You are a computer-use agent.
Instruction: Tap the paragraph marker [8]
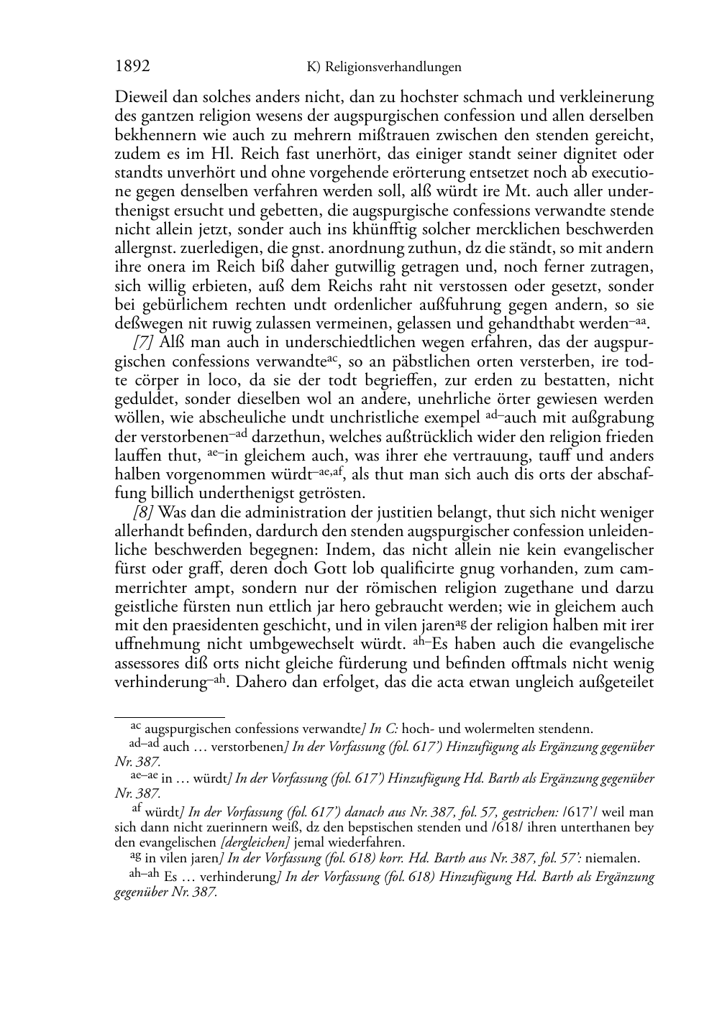(x=144, y=512)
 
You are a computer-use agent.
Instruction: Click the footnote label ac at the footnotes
(x=135, y=728)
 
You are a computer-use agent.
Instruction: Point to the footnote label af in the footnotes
(x=137, y=809)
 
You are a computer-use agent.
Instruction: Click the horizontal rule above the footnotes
(x=170, y=716)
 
